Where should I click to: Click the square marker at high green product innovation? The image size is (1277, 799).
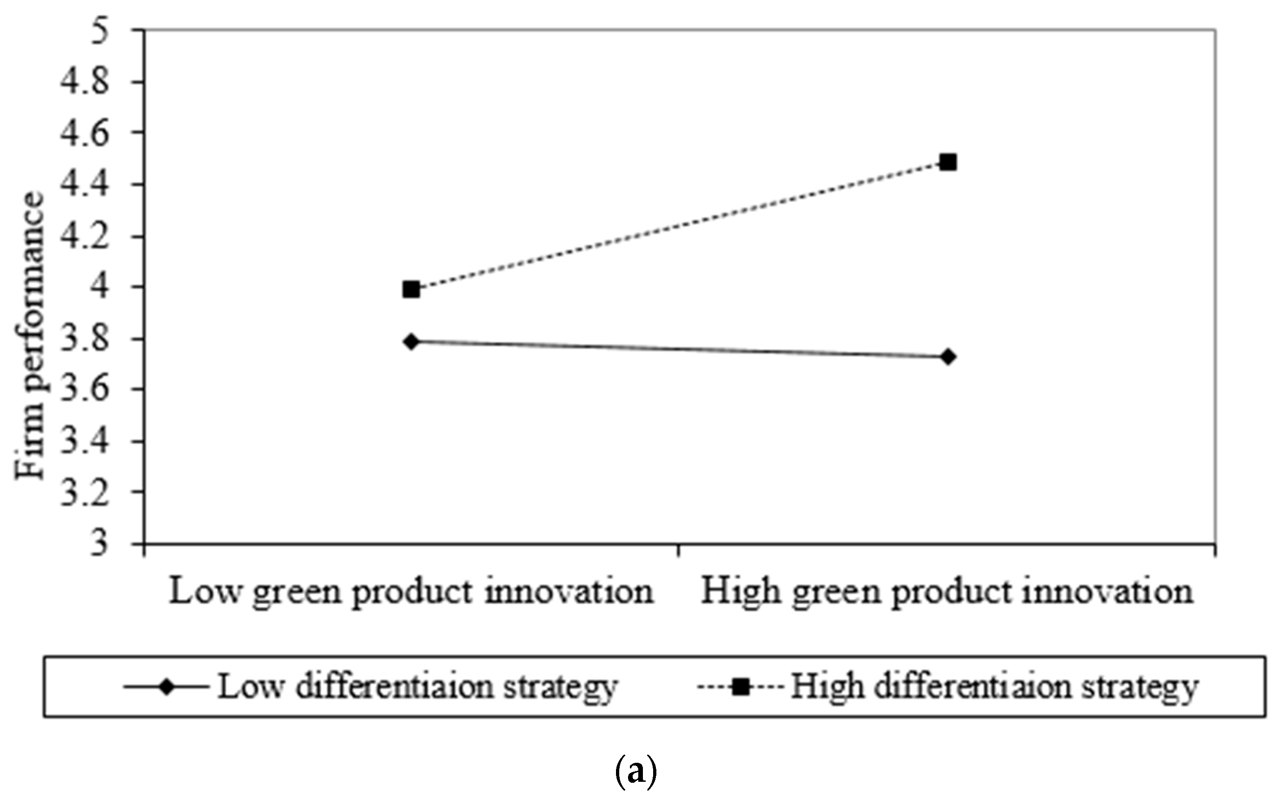coord(948,162)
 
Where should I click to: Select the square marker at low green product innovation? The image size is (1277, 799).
coord(411,290)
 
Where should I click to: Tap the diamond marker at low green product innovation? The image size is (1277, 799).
coord(412,341)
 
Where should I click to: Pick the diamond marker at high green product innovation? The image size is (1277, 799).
coord(948,357)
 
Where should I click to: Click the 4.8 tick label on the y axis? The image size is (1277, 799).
coord(85,82)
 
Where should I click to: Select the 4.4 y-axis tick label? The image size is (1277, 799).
coord(85,184)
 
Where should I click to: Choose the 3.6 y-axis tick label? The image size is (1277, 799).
coord(85,390)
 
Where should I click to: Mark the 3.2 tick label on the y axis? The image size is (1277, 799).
coord(85,492)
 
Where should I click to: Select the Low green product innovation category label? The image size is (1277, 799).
coord(411,593)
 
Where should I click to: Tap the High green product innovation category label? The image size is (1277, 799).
coord(947,593)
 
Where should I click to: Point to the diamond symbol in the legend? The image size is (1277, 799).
coord(167,688)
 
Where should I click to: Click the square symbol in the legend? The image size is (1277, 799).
coord(742,688)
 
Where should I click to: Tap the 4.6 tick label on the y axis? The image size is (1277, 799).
coord(85,133)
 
